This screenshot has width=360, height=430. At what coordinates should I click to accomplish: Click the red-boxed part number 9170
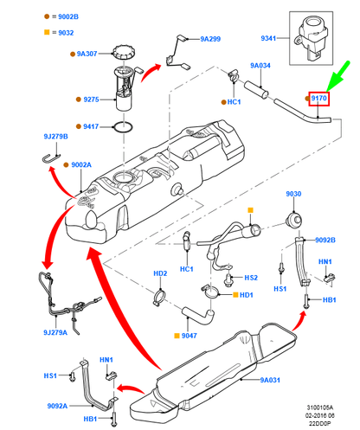[319, 99]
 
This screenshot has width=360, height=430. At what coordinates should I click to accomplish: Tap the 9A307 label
[88, 53]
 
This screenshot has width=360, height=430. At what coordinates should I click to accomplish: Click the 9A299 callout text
[210, 40]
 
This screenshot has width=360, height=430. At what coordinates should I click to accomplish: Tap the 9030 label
[293, 194]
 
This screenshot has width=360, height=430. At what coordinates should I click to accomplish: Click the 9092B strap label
[325, 241]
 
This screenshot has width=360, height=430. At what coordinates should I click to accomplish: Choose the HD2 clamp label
[160, 274]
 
